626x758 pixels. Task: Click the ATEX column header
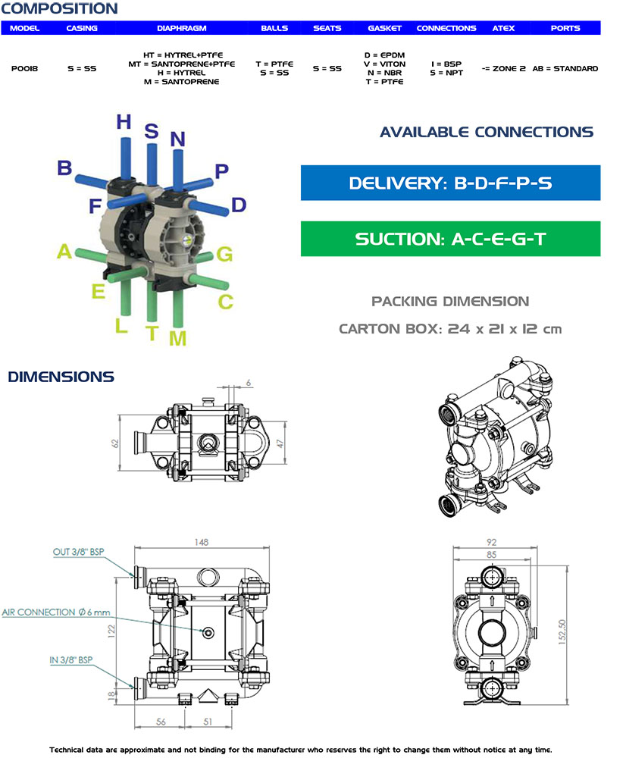point(503,28)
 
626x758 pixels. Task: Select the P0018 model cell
point(25,68)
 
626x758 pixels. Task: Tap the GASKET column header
point(384,28)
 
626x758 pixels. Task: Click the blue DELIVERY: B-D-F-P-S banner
point(450,183)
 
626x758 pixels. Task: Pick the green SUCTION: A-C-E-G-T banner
point(450,240)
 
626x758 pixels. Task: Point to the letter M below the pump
point(177,338)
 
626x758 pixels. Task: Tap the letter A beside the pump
point(64,252)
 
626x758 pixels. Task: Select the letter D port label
point(238,205)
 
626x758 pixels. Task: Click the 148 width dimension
point(201,542)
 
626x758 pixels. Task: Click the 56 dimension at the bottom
point(161,722)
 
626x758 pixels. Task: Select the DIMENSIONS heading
point(61,377)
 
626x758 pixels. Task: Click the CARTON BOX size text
point(450,329)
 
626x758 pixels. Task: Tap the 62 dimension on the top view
point(115,443)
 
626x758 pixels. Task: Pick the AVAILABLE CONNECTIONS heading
point(486,132)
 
